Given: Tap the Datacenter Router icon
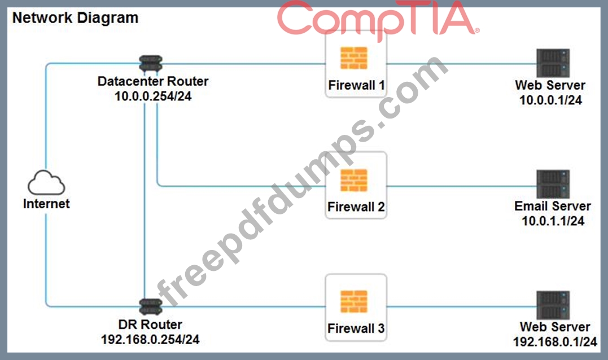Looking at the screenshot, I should coord(150,63).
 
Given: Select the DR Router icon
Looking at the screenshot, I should coord(150,307).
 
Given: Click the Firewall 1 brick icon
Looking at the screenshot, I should coord(355,58).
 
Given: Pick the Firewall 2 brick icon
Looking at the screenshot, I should coord(355,180).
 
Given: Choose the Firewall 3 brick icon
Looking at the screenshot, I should coord(355,302).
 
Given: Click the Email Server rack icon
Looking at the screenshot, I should coord(553,184).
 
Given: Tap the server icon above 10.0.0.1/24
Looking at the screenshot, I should coord(553,63).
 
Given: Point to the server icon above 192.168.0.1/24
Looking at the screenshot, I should coord(553,305).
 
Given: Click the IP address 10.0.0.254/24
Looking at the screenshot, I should coord(153,96).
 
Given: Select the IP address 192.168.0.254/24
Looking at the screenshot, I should coord(150,340).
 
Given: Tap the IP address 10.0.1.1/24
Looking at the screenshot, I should coord(553,221).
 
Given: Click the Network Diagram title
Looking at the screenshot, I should coord(75,18).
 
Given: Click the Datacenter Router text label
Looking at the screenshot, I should coord(153,81).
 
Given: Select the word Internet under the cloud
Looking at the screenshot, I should coord(46,204).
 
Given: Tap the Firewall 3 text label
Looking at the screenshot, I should coord(356,328).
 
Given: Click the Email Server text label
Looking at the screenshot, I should coord(553,206).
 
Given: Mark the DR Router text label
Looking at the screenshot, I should coord(150,325).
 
